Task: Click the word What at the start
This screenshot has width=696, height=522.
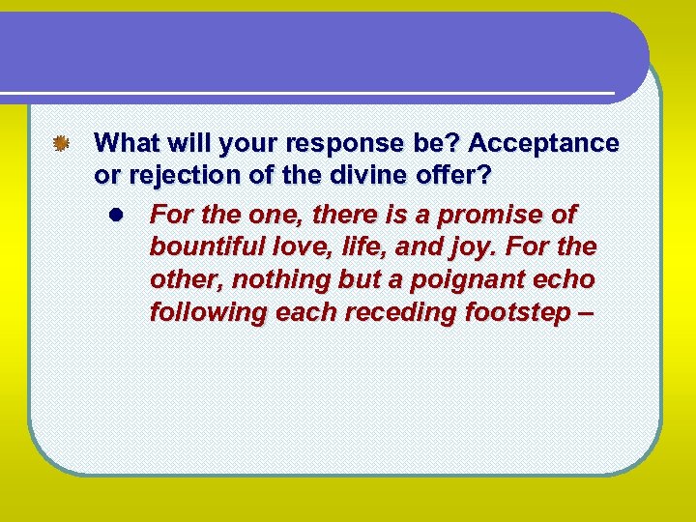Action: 128,144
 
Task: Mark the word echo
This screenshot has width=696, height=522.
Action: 567,279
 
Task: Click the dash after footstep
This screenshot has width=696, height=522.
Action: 584,313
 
